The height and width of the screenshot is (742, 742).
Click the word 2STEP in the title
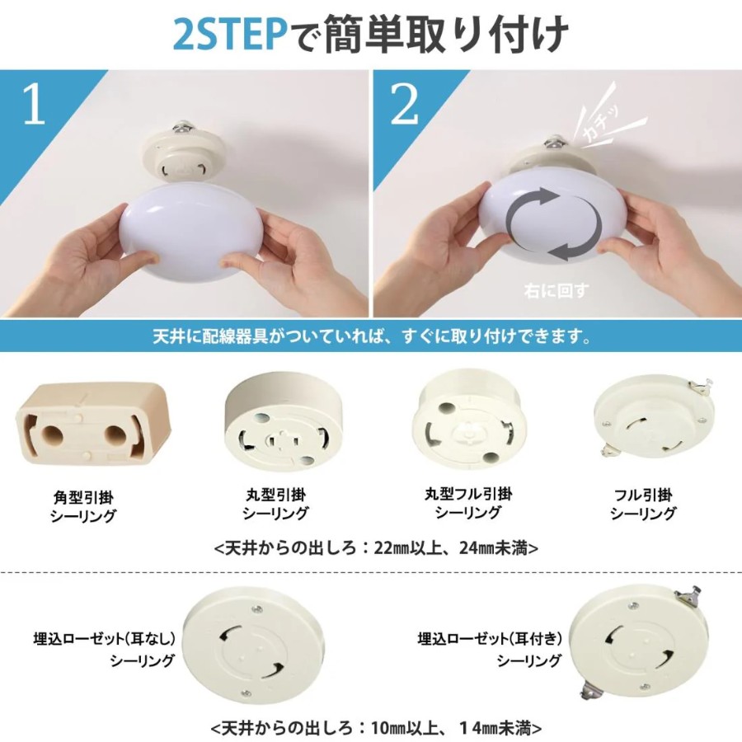[229, 35]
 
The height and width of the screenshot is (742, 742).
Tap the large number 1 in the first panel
[34, 104]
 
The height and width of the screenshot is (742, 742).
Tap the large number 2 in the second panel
[405, 104]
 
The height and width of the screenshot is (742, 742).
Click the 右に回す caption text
[556, 290]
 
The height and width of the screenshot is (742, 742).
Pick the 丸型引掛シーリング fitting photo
[277, 420]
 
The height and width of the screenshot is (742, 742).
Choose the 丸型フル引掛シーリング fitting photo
[468, 418]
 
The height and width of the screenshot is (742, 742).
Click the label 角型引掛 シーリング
[83, 506]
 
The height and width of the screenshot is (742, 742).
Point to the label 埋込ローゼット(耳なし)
[105, 639]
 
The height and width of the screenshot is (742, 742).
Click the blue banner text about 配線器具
[373, 336]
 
